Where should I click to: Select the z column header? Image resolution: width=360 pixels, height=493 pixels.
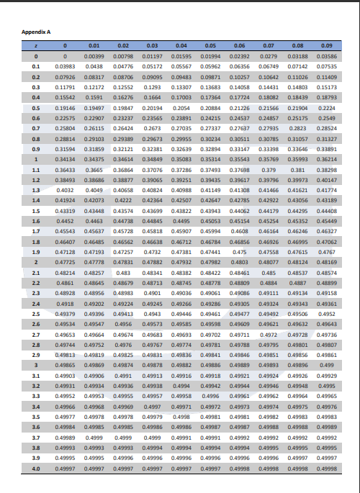[35, 45]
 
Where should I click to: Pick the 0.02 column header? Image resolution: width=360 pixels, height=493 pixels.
[123, 45]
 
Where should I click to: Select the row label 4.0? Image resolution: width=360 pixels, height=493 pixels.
[35, 469]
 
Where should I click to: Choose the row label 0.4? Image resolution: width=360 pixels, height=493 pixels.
[35, 96]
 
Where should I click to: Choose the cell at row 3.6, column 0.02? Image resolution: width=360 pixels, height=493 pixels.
[123, 427]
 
